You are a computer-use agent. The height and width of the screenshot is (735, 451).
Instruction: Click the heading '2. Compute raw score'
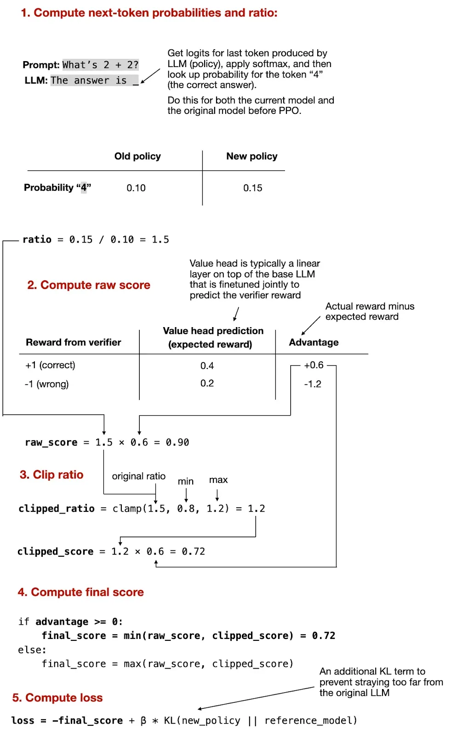click(x=88, y=285)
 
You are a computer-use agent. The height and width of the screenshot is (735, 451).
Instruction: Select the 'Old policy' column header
click(x=137, y=156)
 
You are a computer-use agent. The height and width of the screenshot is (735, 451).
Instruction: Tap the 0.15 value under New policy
click(x=252, y=188)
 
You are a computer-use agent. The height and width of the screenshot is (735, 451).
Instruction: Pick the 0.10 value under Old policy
click(x=136, y=188)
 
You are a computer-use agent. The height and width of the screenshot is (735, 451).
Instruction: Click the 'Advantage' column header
click(x=314, y=342)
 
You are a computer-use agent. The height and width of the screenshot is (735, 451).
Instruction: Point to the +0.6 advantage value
click(x=314, y=365)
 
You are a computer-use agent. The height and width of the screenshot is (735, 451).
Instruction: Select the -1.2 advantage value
click(x=313, y=384)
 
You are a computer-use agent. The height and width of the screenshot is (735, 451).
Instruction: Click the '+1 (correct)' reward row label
click(x=50, y=365)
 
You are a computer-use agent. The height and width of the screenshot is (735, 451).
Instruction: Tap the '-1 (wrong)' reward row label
click(x=47, y=384)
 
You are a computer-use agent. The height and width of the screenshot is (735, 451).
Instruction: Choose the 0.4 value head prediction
click(x=207, y=366)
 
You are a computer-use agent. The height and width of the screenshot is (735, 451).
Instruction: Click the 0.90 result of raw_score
click(x=177, y=442)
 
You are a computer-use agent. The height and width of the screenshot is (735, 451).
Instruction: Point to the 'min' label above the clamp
click(x=186, y=481)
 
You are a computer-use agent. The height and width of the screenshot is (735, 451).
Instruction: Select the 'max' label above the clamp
click(x=218, y=480)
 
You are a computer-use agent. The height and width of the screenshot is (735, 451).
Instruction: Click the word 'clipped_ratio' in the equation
click(x=56, y=509)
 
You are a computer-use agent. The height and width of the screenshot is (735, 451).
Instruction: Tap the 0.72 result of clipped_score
click(x=193, y=551)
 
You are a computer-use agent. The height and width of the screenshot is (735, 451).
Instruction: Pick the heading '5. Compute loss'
click(x=57, y=698)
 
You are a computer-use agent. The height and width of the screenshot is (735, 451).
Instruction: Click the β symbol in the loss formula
click(x=143, y=720)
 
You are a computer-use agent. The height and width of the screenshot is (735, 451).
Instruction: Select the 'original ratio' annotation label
click(x=138, y=476)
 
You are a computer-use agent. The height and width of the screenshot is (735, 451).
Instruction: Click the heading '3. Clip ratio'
click(x=51, y=475)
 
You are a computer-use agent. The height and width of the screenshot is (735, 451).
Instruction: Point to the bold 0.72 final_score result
click(x=324, y=636)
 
